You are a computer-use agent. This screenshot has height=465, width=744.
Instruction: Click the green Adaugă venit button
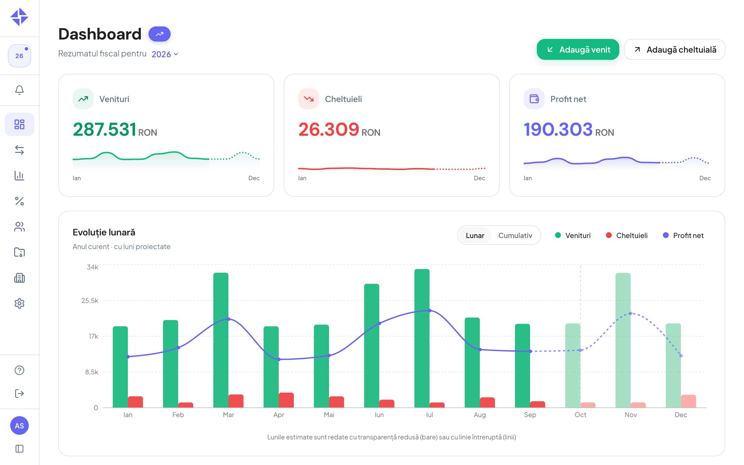pos(578,49)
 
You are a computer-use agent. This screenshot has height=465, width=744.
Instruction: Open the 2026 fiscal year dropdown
pos(165,54)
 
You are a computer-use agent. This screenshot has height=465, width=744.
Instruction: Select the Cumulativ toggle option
pos(515,235)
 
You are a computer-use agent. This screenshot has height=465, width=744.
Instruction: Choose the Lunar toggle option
pos(475,235)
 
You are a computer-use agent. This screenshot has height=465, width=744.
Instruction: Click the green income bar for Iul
pos(422,338)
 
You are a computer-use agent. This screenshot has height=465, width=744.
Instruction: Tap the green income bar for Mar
pos(221,340)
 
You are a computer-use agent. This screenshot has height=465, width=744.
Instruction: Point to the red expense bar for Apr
pos(286,400)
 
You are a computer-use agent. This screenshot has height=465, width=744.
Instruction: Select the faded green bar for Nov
pos(623,340)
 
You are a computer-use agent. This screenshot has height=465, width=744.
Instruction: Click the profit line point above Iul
pos(430,311)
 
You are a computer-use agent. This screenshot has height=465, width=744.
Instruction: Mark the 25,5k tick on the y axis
pos(90,301)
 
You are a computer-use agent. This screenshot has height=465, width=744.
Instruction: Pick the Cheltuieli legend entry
pos(627,235)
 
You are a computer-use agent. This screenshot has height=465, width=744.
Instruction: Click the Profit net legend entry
pos(683,235)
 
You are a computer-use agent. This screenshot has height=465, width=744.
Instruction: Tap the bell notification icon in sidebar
pos(19,90)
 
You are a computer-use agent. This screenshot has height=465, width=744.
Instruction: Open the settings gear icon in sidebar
pos(19,303)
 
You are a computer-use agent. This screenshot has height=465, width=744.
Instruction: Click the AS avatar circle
pos(19,426)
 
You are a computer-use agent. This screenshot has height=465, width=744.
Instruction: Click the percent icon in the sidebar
pos(19,201)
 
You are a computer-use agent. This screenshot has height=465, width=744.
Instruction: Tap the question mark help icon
pos(19,370)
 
